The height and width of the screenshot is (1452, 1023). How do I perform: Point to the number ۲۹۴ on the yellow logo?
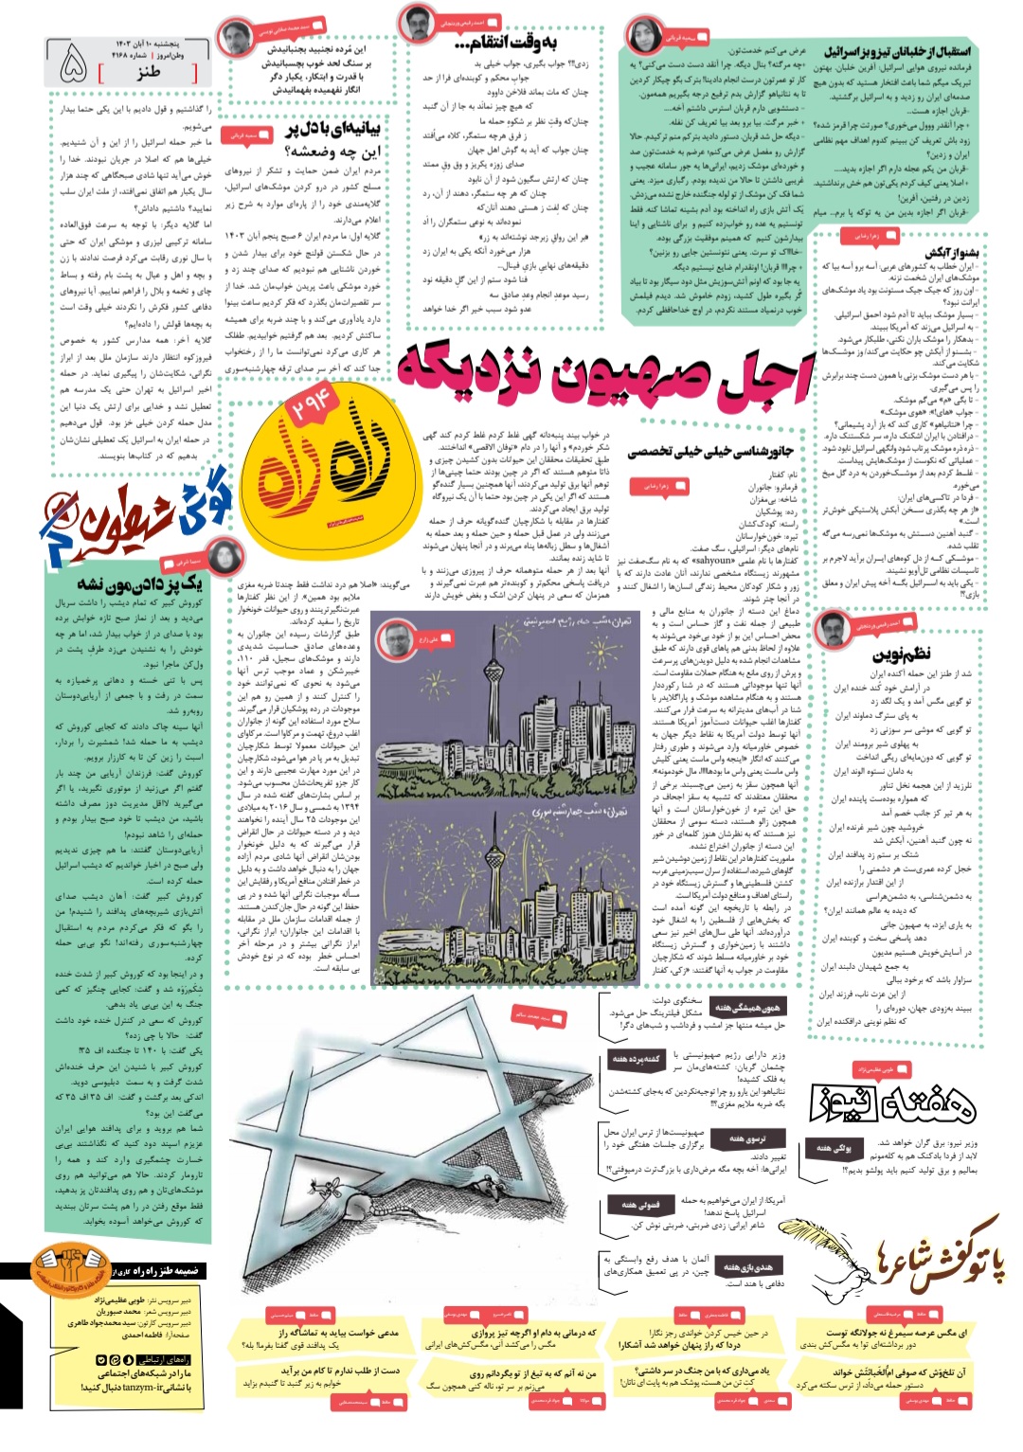(310, 403)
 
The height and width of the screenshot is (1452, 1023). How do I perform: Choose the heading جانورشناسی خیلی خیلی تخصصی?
(710, 451)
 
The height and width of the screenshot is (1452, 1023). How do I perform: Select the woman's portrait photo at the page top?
(643, 38)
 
